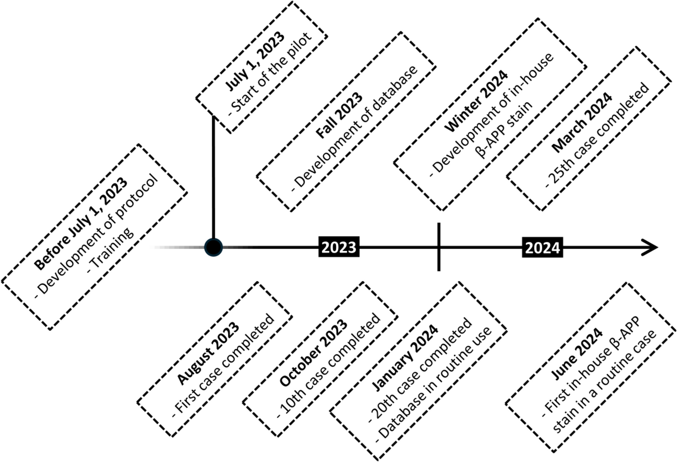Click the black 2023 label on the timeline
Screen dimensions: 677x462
point(339,247)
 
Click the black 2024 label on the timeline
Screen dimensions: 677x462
point(542,247)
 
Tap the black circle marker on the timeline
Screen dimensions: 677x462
point(213,247)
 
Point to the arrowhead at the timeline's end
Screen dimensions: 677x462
point(651,247)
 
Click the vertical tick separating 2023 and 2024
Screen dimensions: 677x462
point(439,247)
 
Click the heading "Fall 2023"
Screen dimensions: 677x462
point(339,115)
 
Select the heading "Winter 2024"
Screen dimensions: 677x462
point(476,101)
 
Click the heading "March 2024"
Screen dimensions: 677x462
point(581,122)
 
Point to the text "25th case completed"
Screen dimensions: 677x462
point(598,135)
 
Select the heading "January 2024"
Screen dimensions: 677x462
point(404,358)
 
